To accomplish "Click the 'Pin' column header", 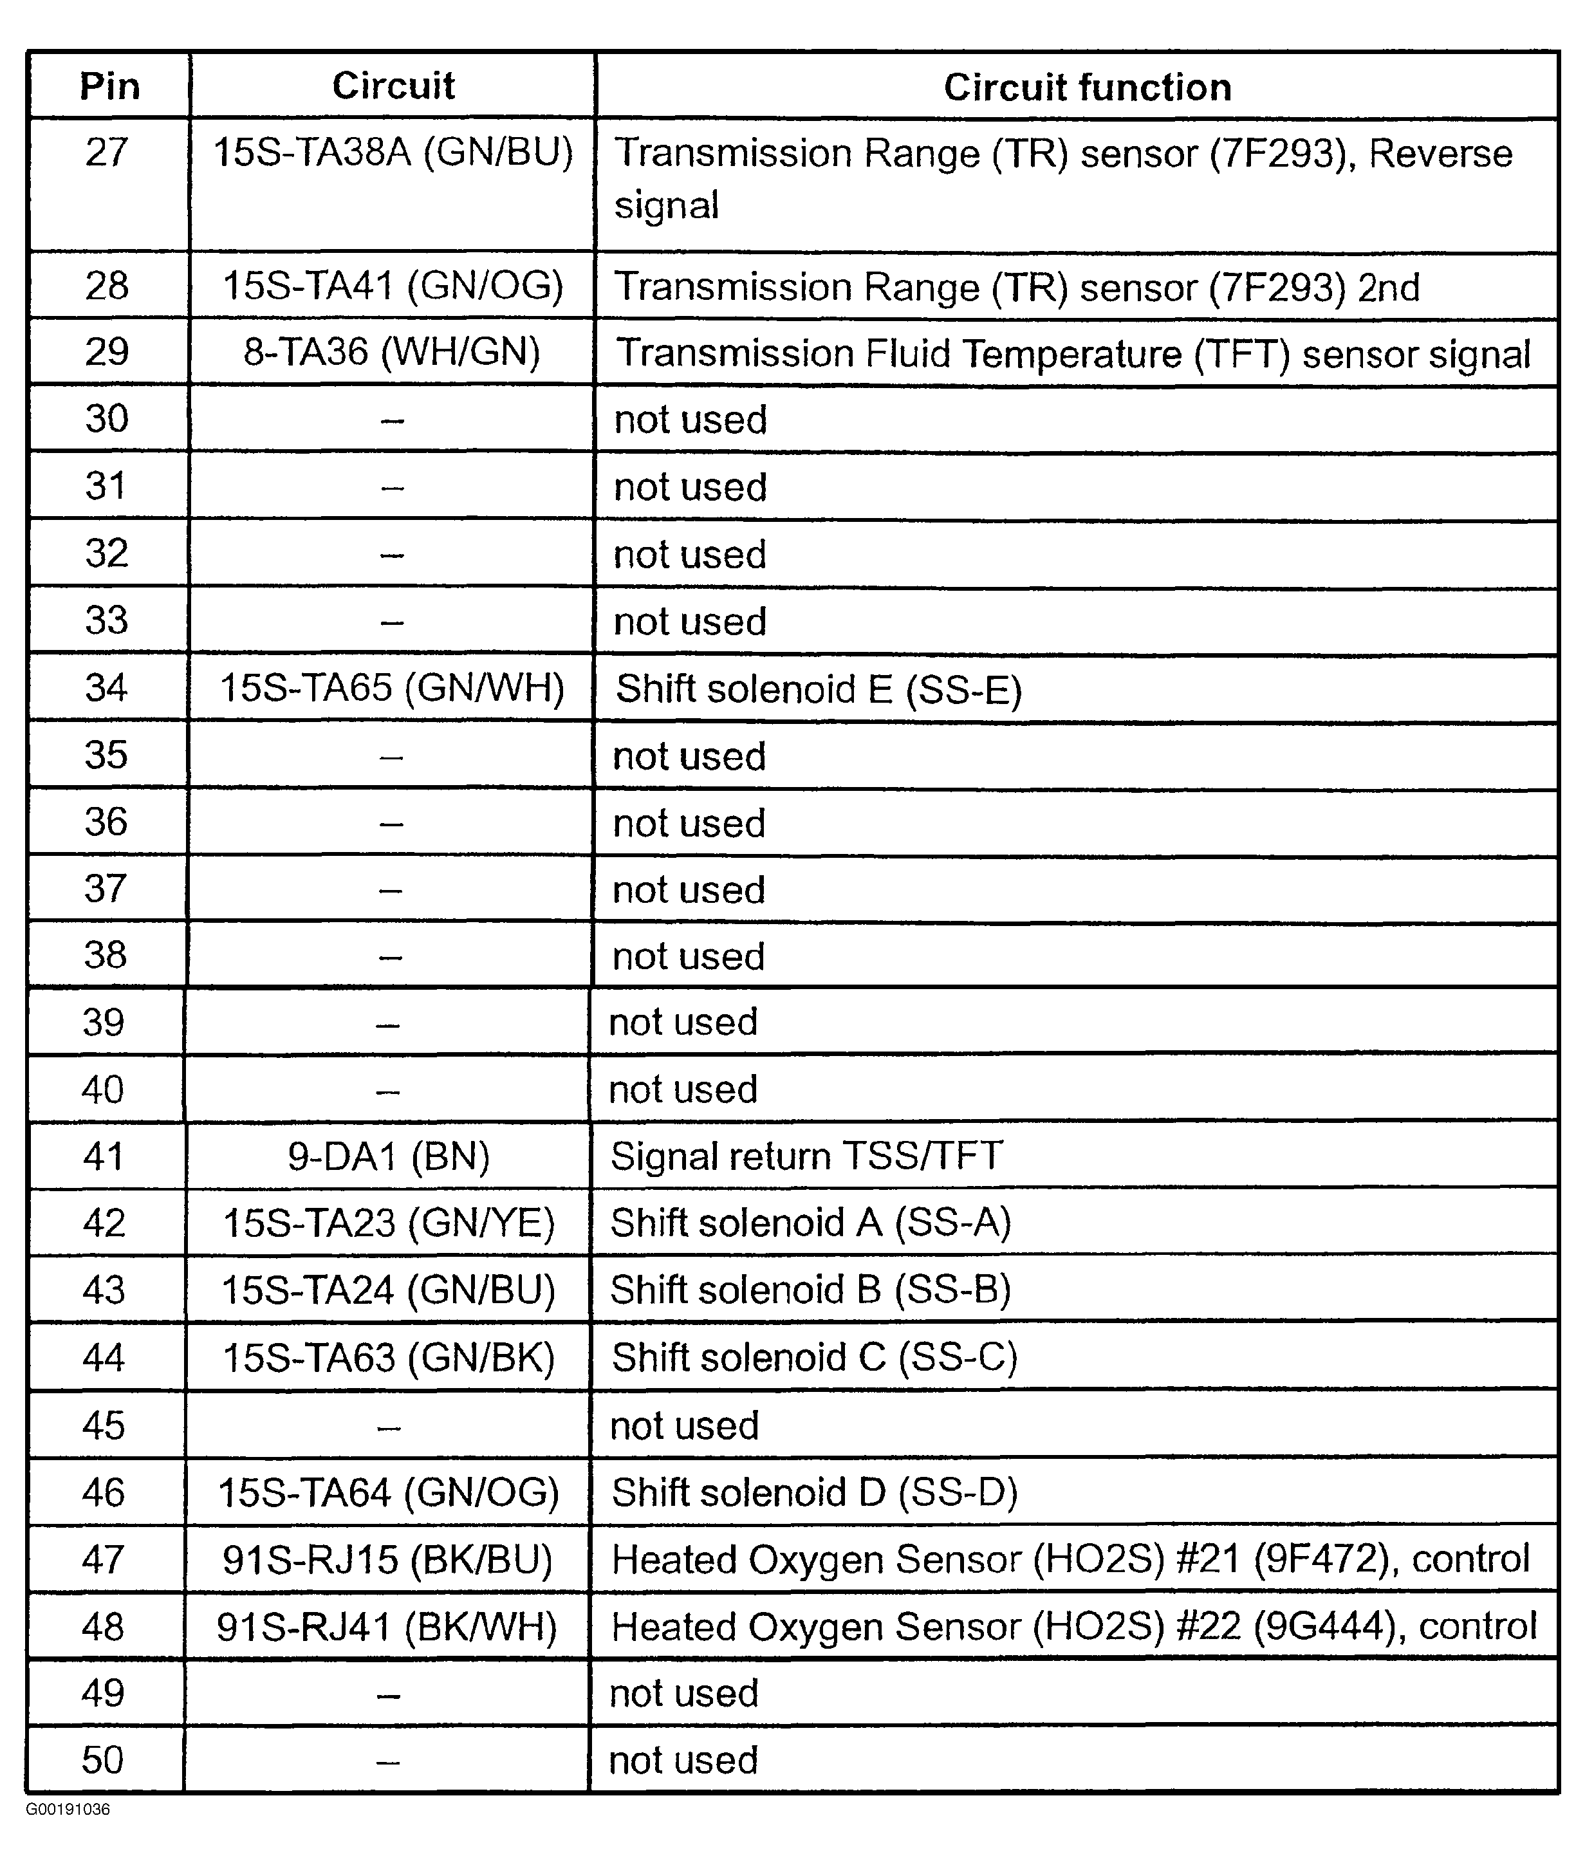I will [109, 86].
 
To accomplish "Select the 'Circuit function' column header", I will [1086, 87].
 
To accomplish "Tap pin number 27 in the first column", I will [107, 152].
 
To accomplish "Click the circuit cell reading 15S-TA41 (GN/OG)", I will [393, 286].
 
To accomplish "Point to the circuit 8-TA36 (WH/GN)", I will [392, 351].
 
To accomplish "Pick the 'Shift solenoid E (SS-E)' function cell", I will [819, 689].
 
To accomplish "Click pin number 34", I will [107, 687].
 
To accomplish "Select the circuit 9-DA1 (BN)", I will [388, 1156].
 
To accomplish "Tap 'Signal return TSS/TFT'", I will [806, 1156].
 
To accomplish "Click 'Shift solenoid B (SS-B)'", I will [810, 1290].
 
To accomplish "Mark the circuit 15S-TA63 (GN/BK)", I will [388, 1357].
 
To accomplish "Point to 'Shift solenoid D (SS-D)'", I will [814, 1492].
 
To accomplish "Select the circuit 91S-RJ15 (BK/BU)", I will [387, 1559].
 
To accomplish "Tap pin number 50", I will [102, 1759].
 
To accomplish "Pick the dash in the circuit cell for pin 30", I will [392, 420].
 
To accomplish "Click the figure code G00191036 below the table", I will [68, 1809].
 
